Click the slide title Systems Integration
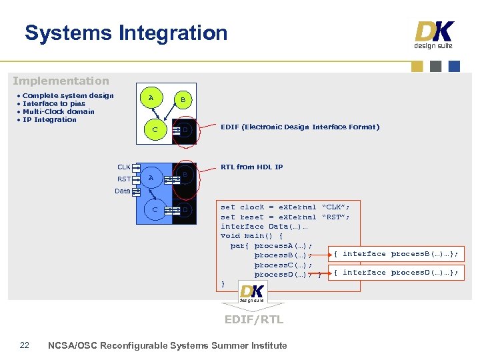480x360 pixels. coord(126,33)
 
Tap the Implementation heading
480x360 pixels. coord(61,81)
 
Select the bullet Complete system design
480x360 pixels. coord(68,95)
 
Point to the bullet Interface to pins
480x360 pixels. coord(54,103)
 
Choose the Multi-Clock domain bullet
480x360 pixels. coord(59,111)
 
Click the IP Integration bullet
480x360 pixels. coord(49,119)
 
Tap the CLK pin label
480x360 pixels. coord(123,167)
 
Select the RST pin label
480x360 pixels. coord(123,179)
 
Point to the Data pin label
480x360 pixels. coord(122,191)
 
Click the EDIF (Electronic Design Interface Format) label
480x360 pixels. coord(299,127)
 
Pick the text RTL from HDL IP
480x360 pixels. coord(251,167)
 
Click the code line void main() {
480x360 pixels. coord(251,235)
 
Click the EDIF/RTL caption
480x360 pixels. coord(253,319)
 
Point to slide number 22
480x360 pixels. coord(25,345)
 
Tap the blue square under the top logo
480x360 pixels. coord(454,66)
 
